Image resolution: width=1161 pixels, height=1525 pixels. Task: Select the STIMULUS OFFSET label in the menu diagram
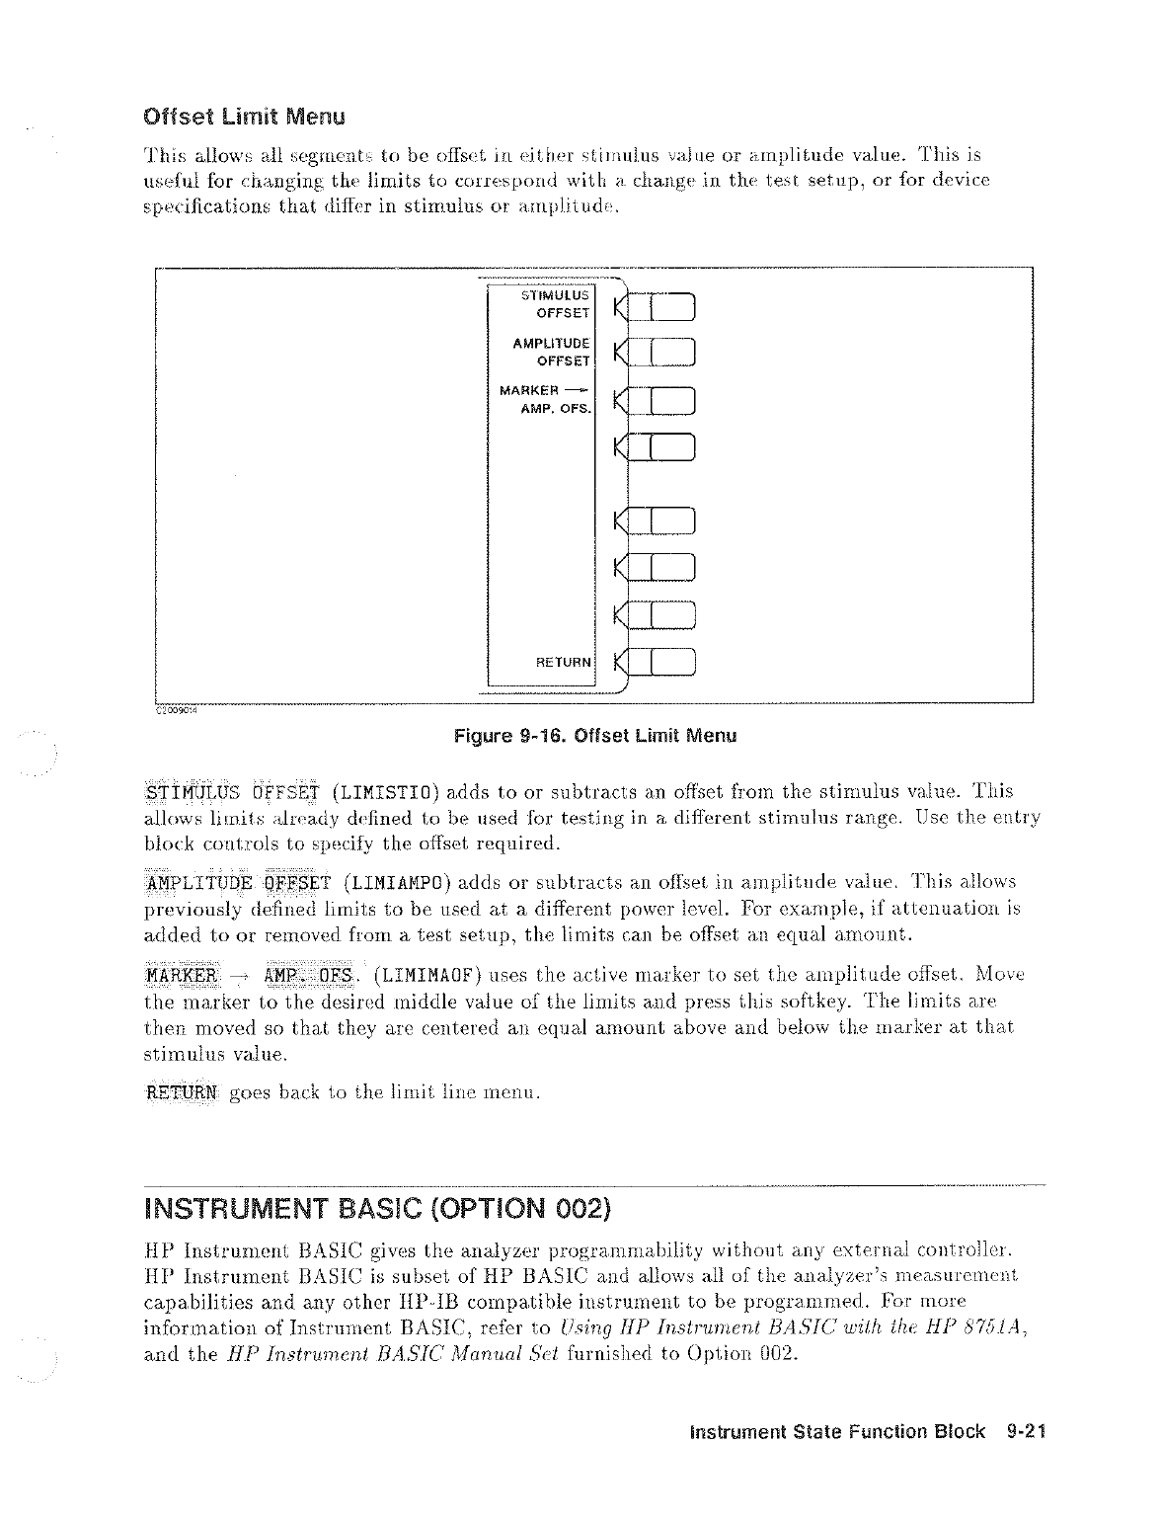pos(554,303)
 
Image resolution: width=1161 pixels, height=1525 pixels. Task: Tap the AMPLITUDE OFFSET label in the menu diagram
pos(552,352)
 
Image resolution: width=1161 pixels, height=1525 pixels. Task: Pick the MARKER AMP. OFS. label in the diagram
pos(546,399)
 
